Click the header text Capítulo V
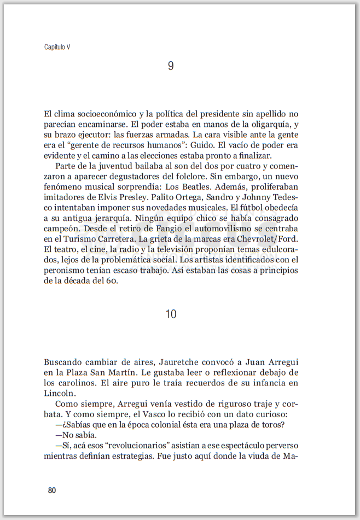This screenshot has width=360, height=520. click(x=57, y=47)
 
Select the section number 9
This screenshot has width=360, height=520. click(x=171, y=66)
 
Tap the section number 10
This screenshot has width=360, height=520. click(x=171, y=314)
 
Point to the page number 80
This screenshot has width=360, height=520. click(x=52, y=490)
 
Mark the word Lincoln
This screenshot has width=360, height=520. click(x=60, y=393)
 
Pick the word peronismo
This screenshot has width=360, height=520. click(x=66, y=270)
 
